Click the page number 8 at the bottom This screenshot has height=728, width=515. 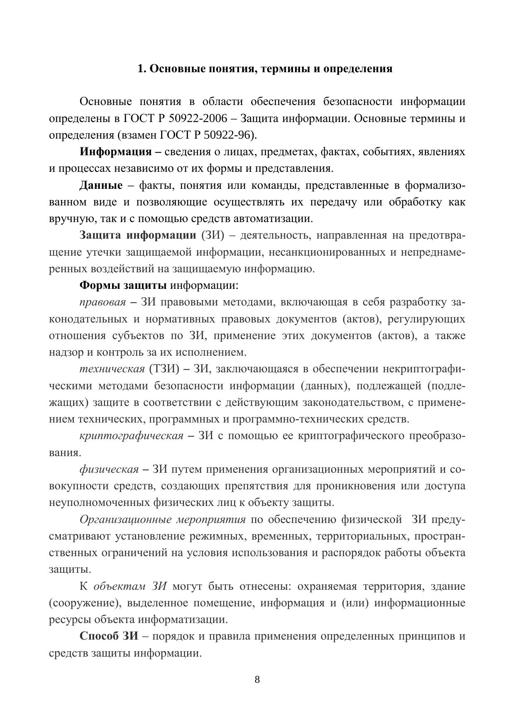click(257, 679)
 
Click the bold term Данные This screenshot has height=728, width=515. click(101, 186)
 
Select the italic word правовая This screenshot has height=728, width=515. click(103, 302)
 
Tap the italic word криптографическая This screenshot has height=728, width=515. click(131, 436)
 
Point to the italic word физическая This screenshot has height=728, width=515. click(109, 469)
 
